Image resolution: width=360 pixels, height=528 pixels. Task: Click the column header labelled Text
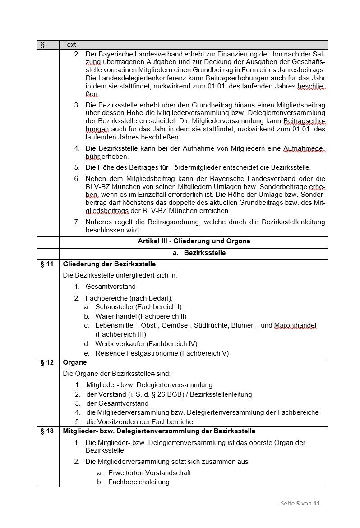pos(69,45)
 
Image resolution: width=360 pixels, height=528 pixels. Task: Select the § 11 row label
pos(47,264)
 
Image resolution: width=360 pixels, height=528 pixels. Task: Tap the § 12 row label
pos(47,362)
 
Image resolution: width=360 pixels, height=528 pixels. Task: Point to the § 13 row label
pos(47,431)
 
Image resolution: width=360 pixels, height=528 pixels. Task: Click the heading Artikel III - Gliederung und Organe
pos(194,241)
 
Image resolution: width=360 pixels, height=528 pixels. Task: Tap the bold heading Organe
pos(75,362)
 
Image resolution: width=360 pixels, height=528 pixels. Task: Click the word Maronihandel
pos(295,325)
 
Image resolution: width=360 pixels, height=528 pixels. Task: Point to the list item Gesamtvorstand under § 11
pos(111,287)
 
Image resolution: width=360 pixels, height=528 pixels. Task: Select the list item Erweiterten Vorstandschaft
pos(149,473)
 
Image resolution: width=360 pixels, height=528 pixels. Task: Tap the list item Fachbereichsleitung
pos(138,482)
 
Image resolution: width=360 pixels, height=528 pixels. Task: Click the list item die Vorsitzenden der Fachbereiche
pos(139,422)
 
